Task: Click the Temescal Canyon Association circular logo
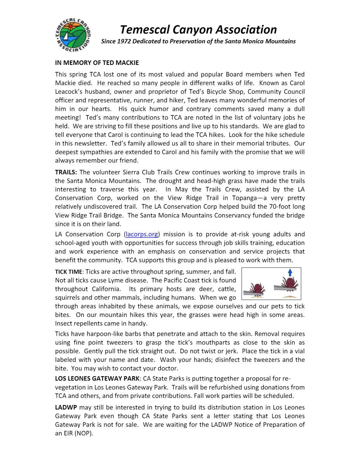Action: [x=72, y=35]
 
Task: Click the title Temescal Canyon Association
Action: [x=198, y=30]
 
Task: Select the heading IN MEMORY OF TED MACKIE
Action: [x=97, y=63]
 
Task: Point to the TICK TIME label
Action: [x=68, y=272]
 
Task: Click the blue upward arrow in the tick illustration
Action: [x=290, y=272]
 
